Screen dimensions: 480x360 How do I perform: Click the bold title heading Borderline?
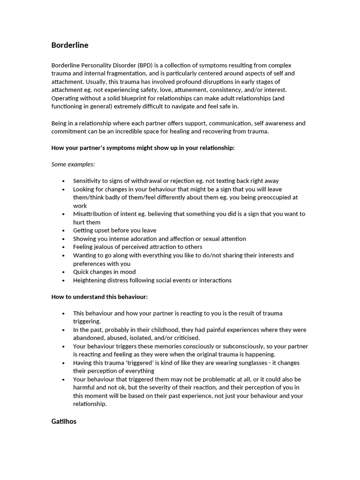tap(70, 45)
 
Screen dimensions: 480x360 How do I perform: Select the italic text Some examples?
tap(73, 165)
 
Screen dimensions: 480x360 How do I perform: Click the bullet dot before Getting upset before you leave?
tap(63, 231)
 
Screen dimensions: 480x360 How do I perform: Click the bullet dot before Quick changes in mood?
tap(63, 272)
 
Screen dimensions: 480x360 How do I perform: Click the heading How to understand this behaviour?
tap(99, 297)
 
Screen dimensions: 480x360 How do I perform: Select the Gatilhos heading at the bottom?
tap(64, 421)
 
